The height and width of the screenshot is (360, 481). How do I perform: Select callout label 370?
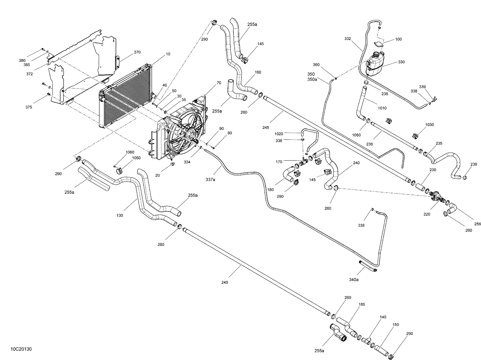[137, 52]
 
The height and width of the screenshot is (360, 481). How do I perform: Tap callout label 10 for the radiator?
[168, 54]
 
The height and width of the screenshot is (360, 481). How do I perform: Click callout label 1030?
[429, 124]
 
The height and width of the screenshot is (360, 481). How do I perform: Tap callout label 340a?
[354, 279]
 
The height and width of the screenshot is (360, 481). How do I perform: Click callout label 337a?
[210, 180]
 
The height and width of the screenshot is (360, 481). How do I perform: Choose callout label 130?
[120, 215]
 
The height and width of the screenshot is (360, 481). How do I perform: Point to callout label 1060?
[130, 152]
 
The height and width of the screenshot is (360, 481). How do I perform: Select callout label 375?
[29, 107]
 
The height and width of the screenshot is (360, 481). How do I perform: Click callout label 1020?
[279, 133]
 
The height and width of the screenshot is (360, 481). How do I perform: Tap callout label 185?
[362, 304]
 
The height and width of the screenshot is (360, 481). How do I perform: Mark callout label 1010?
[382, 108]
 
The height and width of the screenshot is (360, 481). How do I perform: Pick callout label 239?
[474, 164]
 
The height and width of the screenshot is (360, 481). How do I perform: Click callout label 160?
[258, 72]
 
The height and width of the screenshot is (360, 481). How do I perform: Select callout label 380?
[22, 60]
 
